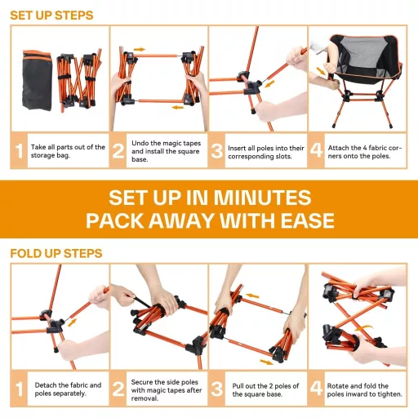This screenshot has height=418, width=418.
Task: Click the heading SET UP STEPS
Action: click(x=51, y=16)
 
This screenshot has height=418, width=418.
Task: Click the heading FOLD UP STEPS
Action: click(x=56, y=253)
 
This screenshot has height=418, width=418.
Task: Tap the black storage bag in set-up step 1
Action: click(x=37, y=80)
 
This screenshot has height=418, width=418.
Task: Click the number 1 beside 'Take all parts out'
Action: click(x=19, y=151)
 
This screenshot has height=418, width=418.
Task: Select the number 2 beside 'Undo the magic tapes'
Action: click(x=118, y=151)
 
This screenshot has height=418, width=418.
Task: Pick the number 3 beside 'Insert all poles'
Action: click(x=217, y=151)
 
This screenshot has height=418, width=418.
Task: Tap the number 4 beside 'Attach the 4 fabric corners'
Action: click(x=316, y=150)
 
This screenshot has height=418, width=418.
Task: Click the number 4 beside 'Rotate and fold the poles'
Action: click(x=316, y=388)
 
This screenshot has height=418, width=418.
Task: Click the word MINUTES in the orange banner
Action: click(x=262, y=198)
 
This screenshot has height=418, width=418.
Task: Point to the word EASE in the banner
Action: click(x=308, y=220)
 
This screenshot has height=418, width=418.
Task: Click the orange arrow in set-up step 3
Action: click(x=269, y=83)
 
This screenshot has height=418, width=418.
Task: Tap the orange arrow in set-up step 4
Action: click(x=321, y=71)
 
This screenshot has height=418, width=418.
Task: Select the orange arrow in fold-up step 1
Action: click(x=72, y=322)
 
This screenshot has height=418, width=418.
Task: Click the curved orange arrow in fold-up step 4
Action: click(x=364, y=328)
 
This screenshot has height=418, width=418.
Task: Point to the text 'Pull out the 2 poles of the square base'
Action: click(x=265, y=390)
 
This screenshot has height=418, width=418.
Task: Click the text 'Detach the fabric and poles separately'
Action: click(x=68, y=389)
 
